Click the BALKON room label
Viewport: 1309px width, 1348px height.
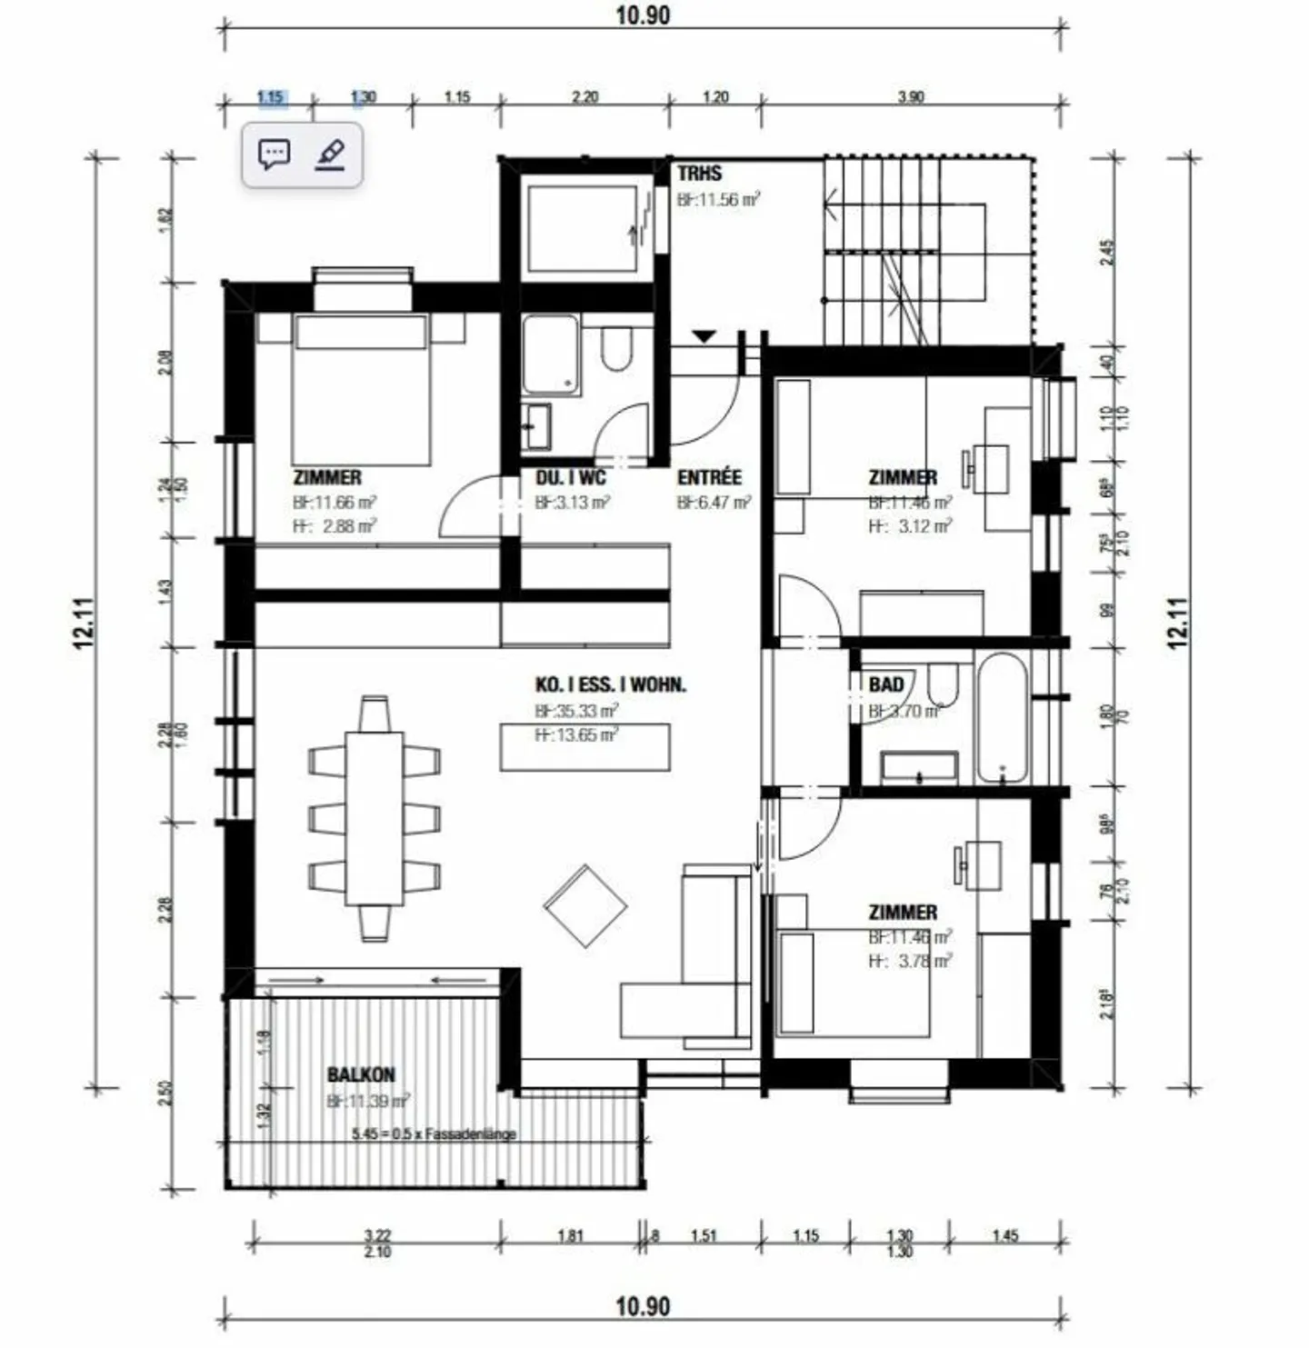pyautogui.click(x=361, y=1074)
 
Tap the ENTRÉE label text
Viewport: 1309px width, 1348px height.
pyautogui.click(x=709, y=477)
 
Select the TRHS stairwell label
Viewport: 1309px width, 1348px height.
pyautogui.click(x=699, y=174)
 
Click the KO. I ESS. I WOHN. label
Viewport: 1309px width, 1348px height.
pyautogui.click(x=610, y=684)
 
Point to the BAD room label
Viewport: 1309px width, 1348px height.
pyautogui.click(x=886, y=684)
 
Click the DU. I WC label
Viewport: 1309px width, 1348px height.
pyautogui.click(x=570, y=477)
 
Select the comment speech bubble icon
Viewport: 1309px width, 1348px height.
pyautogui.click(x=274, y=155)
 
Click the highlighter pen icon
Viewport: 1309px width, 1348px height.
pyautogui.click(x=331, y=155)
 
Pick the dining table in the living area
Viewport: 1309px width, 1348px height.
pyautogui.click(x=374, y=818)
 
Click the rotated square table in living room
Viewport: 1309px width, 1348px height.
pyautogui.click(x=585, y=906)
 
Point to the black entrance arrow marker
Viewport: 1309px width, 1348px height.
pyautogui.click(x=704, y=336)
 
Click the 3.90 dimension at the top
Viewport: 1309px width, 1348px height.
pyautogui.click(x=910, y=96)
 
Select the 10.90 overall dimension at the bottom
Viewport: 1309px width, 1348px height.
pyautogui.click(x=643, y=1306)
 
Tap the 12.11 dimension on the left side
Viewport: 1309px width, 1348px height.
pyautogui.click(x=84, y=623)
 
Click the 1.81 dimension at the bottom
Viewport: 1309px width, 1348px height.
pyautogui.click(x=570, y=1235)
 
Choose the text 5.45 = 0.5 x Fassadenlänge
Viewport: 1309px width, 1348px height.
pyautogui.click(x=434, y=1134)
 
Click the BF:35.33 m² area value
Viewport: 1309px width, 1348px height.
pyautogui.click(x=576, y=710)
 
